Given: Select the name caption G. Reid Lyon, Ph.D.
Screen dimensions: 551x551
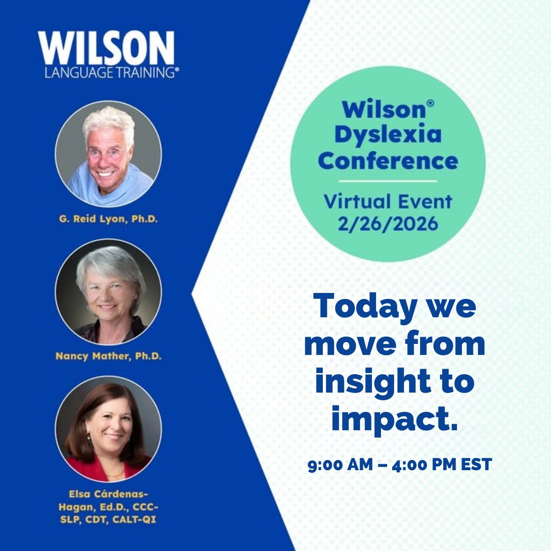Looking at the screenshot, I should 108,219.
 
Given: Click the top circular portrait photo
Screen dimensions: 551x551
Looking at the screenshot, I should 108,154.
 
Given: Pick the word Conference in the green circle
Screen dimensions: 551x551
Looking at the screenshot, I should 388,161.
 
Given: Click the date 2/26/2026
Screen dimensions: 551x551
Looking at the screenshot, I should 388,224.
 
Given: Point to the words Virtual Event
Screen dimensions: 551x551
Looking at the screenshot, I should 388,202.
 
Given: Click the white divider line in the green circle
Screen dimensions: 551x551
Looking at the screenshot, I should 388,181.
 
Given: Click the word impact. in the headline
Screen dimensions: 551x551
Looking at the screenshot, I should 394,421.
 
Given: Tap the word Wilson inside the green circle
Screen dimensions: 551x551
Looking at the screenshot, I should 384,110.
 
